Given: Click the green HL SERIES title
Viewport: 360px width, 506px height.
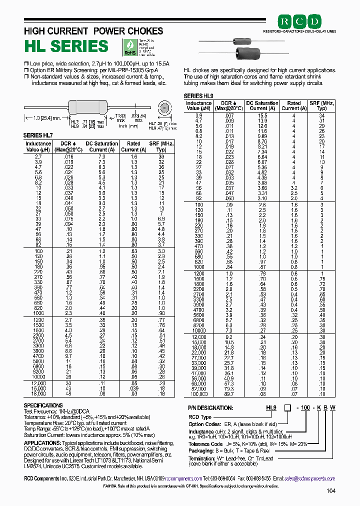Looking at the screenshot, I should pos(66,46).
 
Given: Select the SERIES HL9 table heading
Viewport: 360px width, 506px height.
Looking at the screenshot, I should pos(199,95).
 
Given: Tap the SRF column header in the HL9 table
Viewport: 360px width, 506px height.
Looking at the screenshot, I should pos(321,105).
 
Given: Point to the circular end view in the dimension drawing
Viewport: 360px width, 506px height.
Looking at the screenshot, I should pos(163,108).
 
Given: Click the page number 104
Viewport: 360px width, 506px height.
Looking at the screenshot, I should pos(330,491).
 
